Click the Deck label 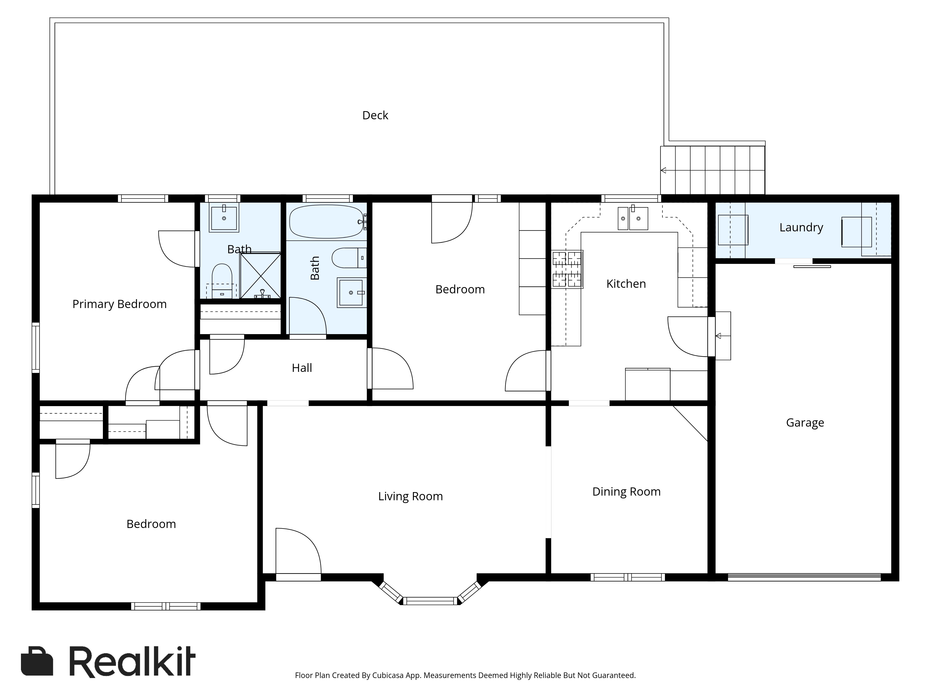375,115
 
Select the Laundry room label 801,227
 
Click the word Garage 805,423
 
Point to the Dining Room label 626,492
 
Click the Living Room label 410,496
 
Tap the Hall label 302,368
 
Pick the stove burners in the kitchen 567,269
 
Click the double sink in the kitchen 633,218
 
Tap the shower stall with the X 260,276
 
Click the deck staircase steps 712,170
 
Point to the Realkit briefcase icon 37,661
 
